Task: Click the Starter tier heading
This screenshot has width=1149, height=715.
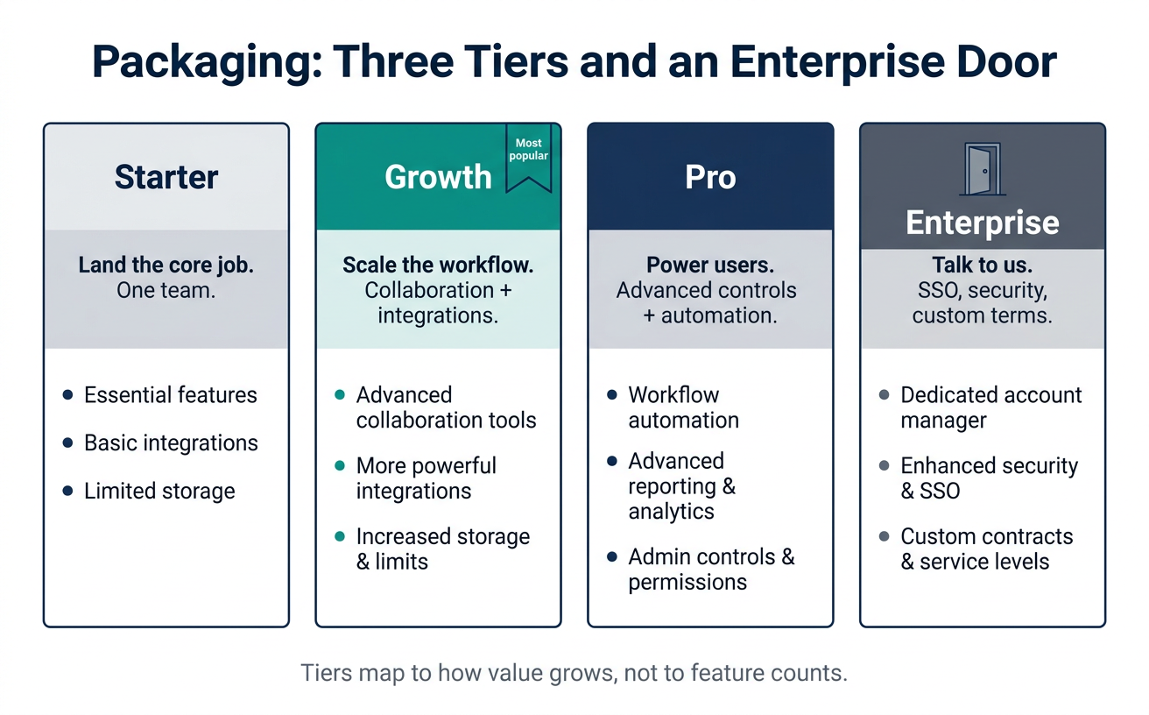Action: (x=166, y=177)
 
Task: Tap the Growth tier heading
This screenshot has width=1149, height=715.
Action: (x=438, y=177)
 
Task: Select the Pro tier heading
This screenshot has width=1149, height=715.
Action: (x=710, y=177)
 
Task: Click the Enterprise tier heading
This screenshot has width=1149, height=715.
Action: (x=983, y=223)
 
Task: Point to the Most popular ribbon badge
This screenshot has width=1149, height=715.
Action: (x=528, y=158)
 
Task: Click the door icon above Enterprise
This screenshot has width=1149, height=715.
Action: (x=983, y=169)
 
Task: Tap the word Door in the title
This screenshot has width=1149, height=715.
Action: (x=1006, y=61)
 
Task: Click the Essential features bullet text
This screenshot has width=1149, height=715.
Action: (x=170, y=395)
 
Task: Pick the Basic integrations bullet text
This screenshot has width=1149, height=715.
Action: (x=171, y=443)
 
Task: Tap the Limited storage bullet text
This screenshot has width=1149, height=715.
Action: (x=159, y=492)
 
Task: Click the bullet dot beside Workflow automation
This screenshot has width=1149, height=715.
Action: (x=611, y=394)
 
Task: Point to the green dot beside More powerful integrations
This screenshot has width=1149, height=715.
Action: (x=340, y=465)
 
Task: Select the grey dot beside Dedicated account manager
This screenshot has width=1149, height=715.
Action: (x=884, y=394)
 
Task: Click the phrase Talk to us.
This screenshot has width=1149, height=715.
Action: (x=983, y=265)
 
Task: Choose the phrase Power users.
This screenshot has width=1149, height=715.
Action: (x=710, y=265)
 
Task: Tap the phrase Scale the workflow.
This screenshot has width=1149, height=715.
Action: (x=438, y=265)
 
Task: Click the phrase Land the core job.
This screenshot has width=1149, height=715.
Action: (x=166, y=265)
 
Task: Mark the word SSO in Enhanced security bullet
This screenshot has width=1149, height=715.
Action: (x=940, y=492)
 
